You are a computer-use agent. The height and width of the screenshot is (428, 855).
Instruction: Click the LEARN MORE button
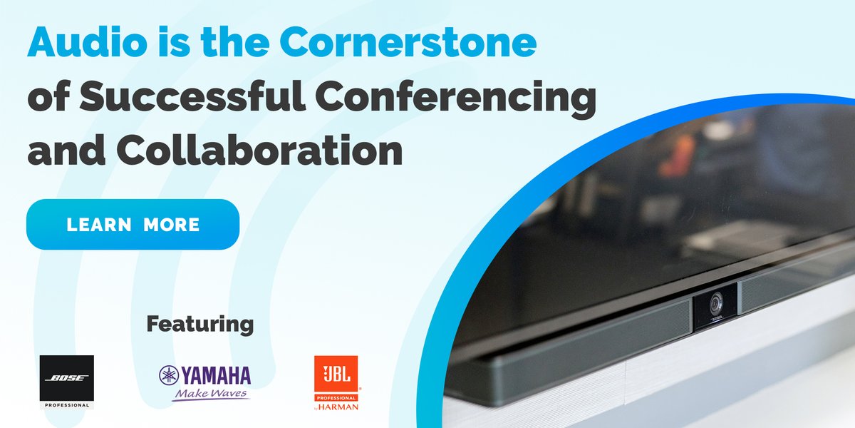click(133, 225)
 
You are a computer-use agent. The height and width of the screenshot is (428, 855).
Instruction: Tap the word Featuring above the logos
click(199, 325)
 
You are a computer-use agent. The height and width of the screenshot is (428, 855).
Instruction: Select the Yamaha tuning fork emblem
click(169, 375)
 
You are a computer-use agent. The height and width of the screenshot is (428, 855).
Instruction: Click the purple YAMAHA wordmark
click(215, 375)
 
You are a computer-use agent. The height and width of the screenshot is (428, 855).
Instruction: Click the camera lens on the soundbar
click(715, 305)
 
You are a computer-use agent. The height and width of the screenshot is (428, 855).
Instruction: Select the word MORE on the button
click(171, 225)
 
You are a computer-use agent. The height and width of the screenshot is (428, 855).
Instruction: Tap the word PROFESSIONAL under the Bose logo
click(66, 404)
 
